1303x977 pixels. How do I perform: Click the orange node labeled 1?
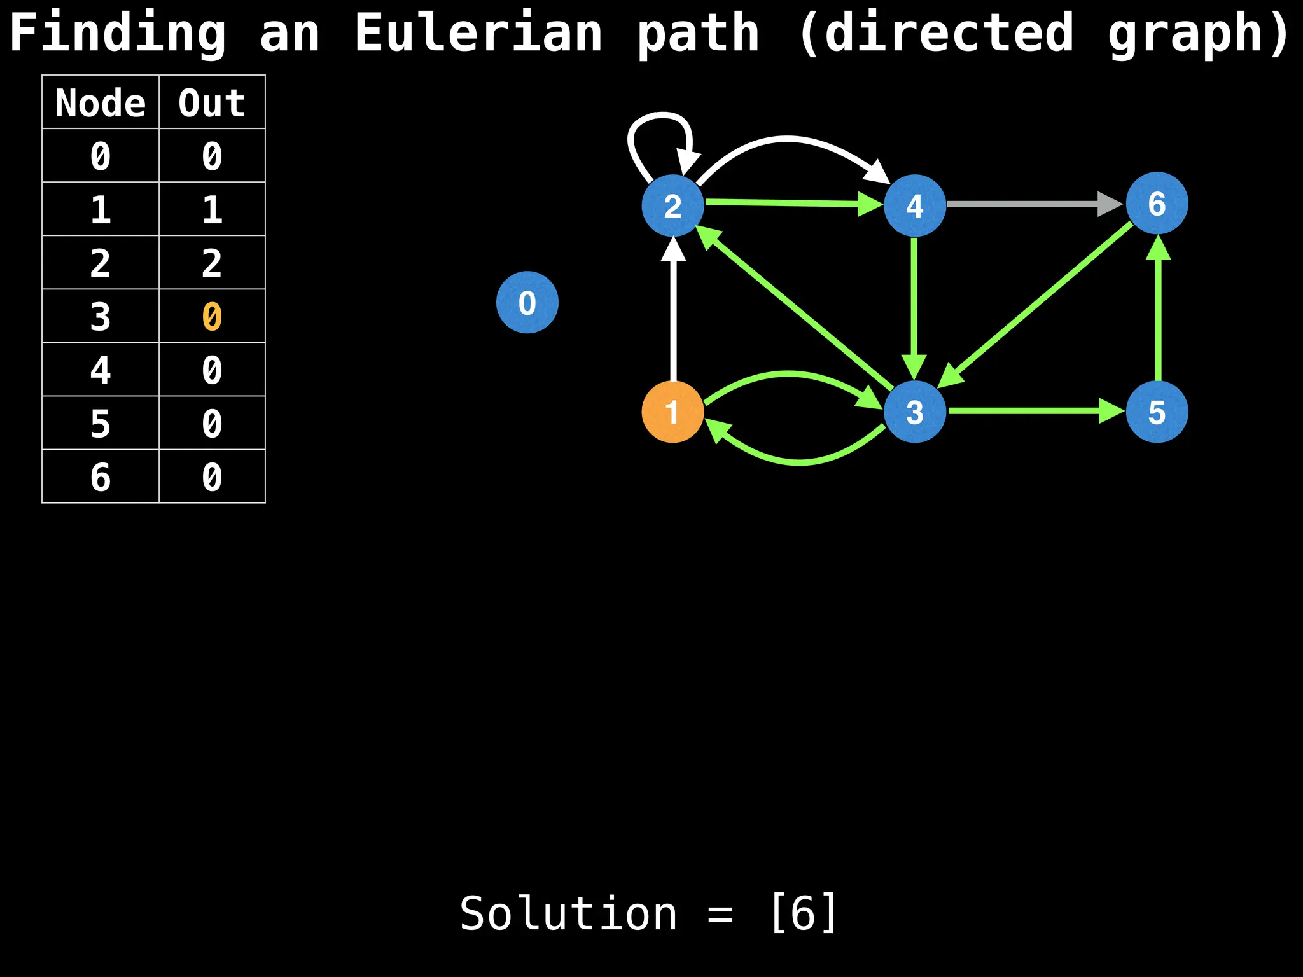[672, 412]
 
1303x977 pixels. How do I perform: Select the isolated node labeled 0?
[527, 302]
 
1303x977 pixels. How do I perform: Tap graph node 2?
[672, 205]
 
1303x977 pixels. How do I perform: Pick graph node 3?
[914, 412]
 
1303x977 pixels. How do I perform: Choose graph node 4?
[914, 205]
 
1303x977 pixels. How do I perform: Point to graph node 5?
[1157, 412]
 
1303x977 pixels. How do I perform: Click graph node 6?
[1157, 204]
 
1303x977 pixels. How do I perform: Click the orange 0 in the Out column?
[212, 316]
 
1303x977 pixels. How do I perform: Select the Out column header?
[212, 102]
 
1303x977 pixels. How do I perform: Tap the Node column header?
[101, 102]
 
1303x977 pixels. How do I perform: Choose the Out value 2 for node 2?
[212, 263]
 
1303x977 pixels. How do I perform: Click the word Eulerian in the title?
[478, 33]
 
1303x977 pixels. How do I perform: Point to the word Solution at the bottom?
[568, 913]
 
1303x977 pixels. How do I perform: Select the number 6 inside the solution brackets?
[804, 913]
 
